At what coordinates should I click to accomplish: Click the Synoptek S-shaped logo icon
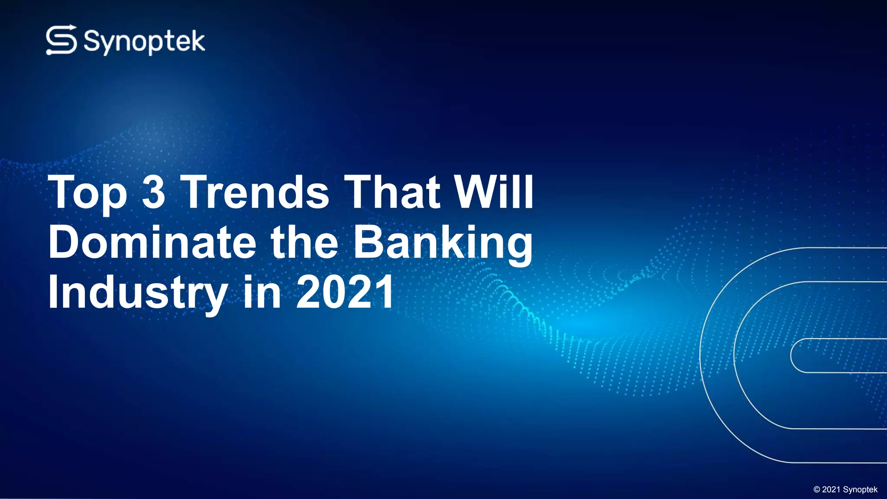[62, 40]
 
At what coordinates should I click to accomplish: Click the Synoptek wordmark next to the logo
[144, 42]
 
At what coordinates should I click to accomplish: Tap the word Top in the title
[88, 192]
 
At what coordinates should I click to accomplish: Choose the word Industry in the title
[138, 293]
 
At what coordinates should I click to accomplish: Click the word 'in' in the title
[262, 292]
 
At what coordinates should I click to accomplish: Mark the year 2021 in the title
[345, 292]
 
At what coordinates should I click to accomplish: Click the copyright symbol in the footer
[817, 490]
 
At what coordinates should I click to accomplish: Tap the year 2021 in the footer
[831, 489]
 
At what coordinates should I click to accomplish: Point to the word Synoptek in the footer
[860, 490]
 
